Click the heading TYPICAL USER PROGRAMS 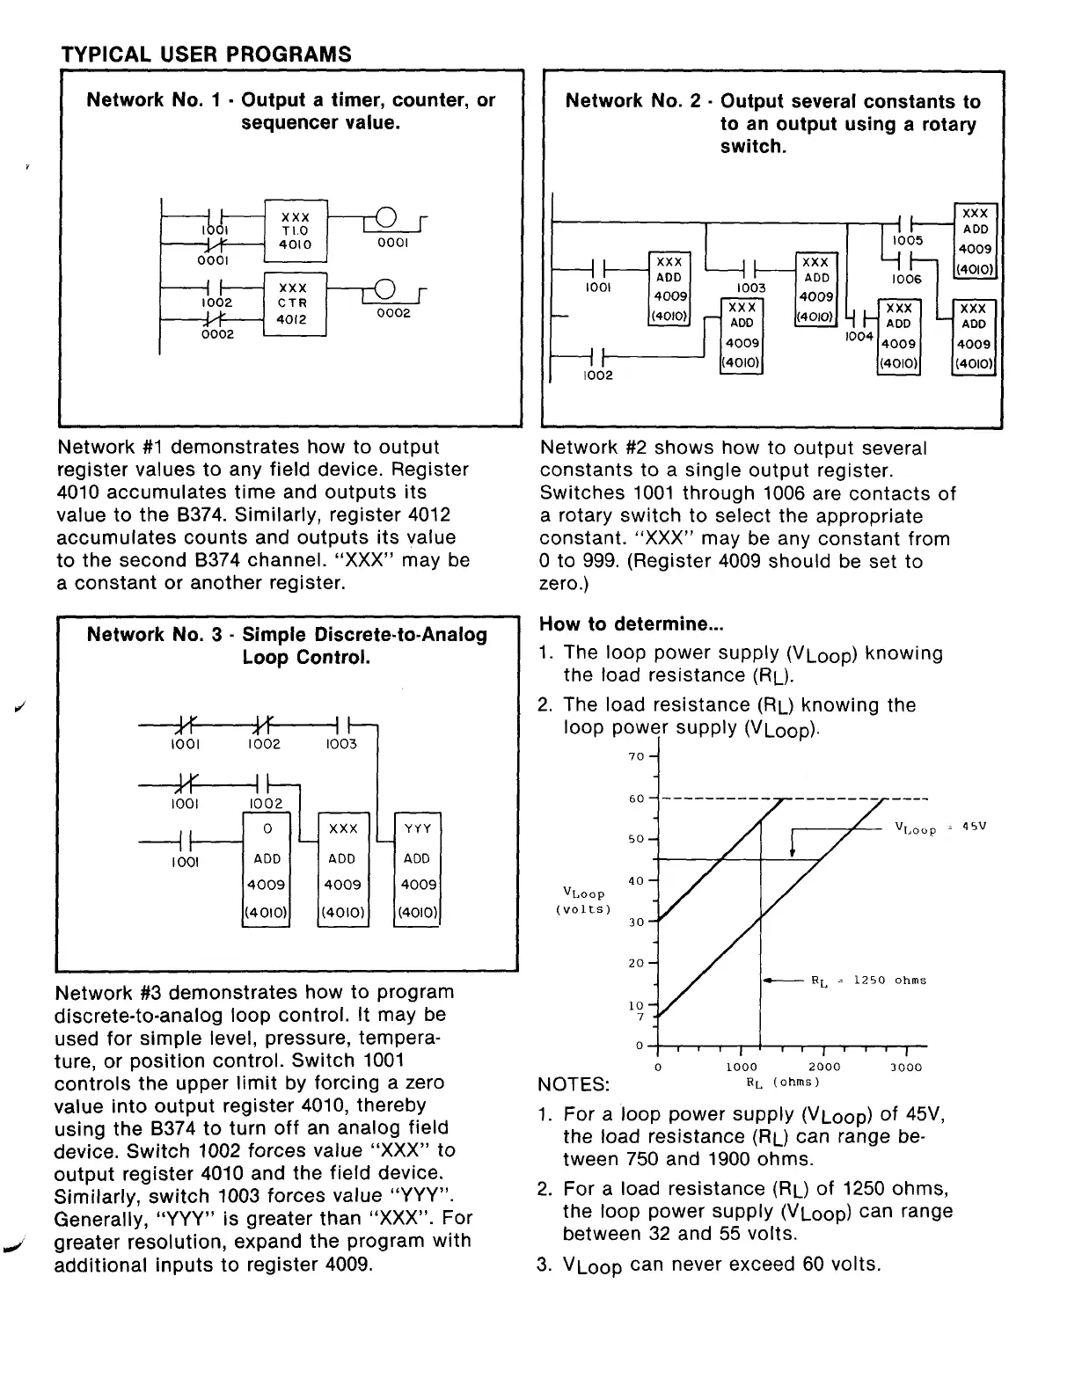coord(206,54)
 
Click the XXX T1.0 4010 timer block coord(295,230)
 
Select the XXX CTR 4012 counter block coord(295,303)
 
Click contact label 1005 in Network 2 coord(907,240)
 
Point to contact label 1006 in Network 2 coord(906,279)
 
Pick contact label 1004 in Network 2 coord(858,337)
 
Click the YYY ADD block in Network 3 coord(417,870)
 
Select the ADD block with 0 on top coord(267,870)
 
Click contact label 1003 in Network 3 coord(341,744)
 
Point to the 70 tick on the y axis coord(637,756)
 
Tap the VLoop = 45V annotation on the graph coord(939,828)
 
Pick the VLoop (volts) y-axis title coord(582,901)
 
